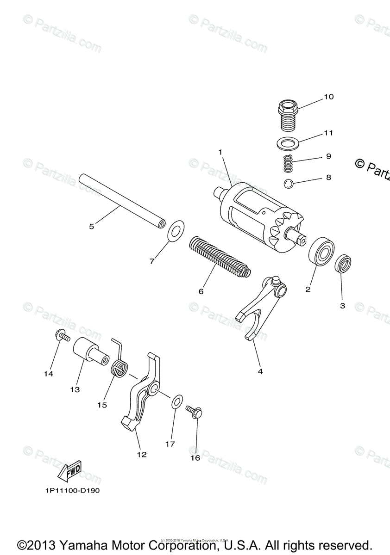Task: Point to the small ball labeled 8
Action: tap(289, 184)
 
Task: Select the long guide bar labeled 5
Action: tap(122, 200)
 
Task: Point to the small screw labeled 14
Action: tap(61, 335)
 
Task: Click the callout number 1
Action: tap(220, 152)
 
